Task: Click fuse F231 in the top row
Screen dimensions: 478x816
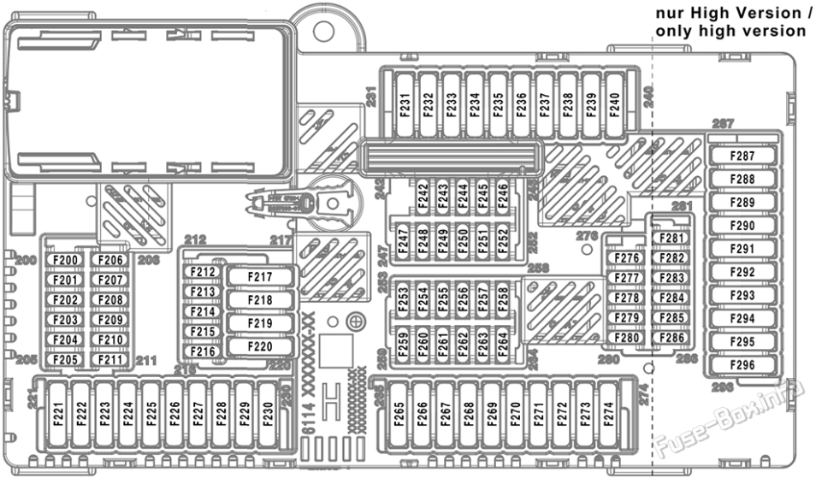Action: tap(405, 104)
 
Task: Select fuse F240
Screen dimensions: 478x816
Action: tap(613, 104)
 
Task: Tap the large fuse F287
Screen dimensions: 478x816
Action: tap(743, 156)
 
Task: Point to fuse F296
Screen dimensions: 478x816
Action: tap(743, 365)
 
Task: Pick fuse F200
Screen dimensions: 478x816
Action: tap(66, 260)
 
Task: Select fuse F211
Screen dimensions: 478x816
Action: tap(110, 360)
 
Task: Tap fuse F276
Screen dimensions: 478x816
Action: tap(629, 258)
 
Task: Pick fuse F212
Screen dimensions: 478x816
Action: tap(204, 272)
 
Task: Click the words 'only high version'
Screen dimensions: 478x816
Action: tap(730, 31)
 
